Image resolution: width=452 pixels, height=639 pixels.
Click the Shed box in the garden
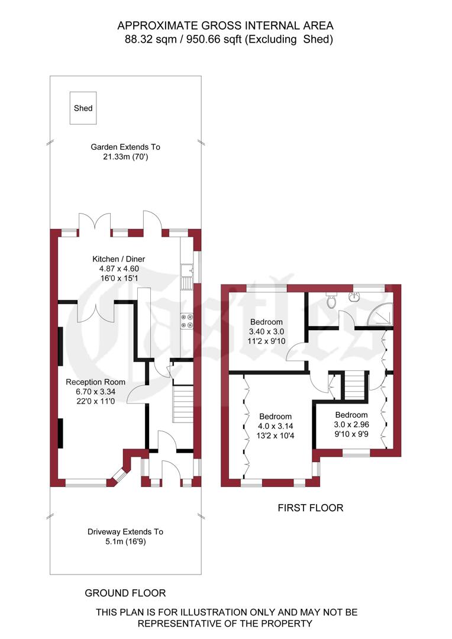pyautogui.click(x=83, y=108)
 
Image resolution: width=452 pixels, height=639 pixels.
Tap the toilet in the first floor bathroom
pyautogui.click(x=331, y=301)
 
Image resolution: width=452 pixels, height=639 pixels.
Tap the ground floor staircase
pyautogui.click(x=183, y=404)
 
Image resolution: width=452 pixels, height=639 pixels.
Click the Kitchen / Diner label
pyautogui.click(x=118, y=259)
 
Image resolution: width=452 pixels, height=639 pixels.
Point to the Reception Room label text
pyautogui.click(x=95, y=382)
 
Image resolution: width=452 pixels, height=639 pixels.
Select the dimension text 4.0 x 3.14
pyautogui.click(x=275, y=426)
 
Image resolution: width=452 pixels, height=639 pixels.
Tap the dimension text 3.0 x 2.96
pyautogui.click(x=351, y=425)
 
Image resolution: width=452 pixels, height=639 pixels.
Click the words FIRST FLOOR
pyautogui.click(x=311, y=508)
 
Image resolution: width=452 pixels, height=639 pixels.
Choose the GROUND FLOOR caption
pyautogui.click(x=125, y=593)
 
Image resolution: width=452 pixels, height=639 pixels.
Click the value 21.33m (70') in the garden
pyautogui.click(x=125, y=157)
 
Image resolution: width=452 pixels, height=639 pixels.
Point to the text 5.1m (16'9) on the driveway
pyautogui.click(x=125, y=541)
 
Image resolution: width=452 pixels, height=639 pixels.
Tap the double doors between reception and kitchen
pyautogui.click(x=96, y=311)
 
